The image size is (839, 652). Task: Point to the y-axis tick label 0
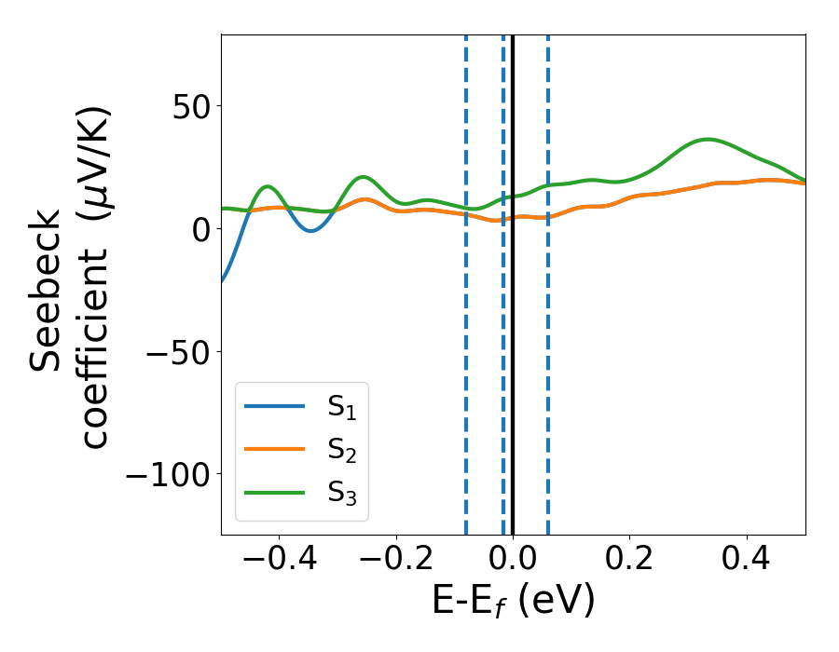point(200,228)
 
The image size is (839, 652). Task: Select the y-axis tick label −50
point(175,351)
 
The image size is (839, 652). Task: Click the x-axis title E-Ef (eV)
point(513,602)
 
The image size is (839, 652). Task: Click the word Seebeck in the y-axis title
point(47,291)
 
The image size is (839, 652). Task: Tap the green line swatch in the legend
point(274,492)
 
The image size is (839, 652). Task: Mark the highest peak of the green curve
point(708,140)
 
